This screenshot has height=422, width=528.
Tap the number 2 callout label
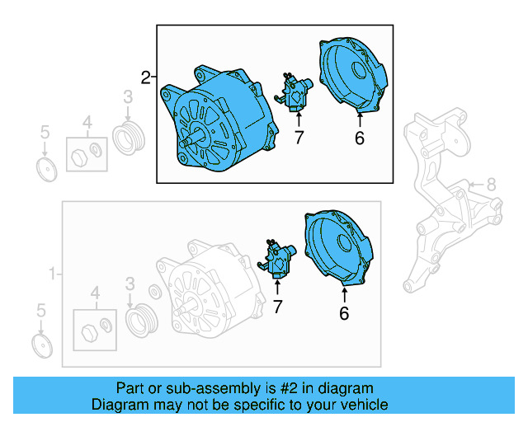tap(146, 78)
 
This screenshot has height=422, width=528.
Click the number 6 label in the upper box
tap(359, 138)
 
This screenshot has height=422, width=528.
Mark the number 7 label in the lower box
tap(277, 307)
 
